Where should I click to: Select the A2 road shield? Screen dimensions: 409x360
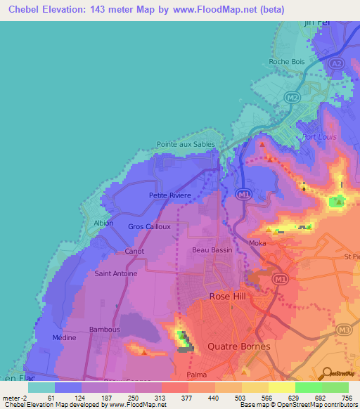[337, 63]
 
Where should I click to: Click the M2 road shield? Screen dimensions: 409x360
[293, 96]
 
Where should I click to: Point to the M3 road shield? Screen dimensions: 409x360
[343, 330]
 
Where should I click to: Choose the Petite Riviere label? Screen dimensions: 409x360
[170, 196]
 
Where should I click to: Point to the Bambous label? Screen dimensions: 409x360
[105, 329]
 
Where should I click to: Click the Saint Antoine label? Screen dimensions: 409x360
[115, 273]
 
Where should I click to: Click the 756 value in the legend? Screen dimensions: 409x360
[345, 398]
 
